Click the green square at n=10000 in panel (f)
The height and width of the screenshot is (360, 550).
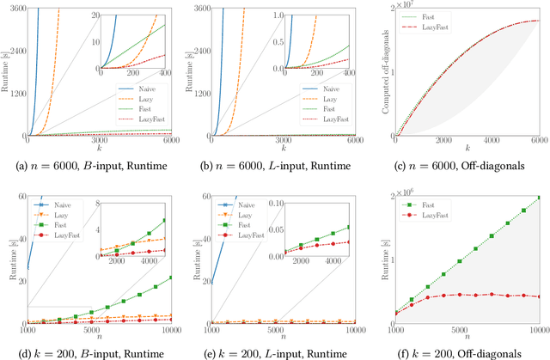tap(538, 198)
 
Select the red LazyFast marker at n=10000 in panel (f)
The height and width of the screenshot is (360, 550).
tap(538, 296)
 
